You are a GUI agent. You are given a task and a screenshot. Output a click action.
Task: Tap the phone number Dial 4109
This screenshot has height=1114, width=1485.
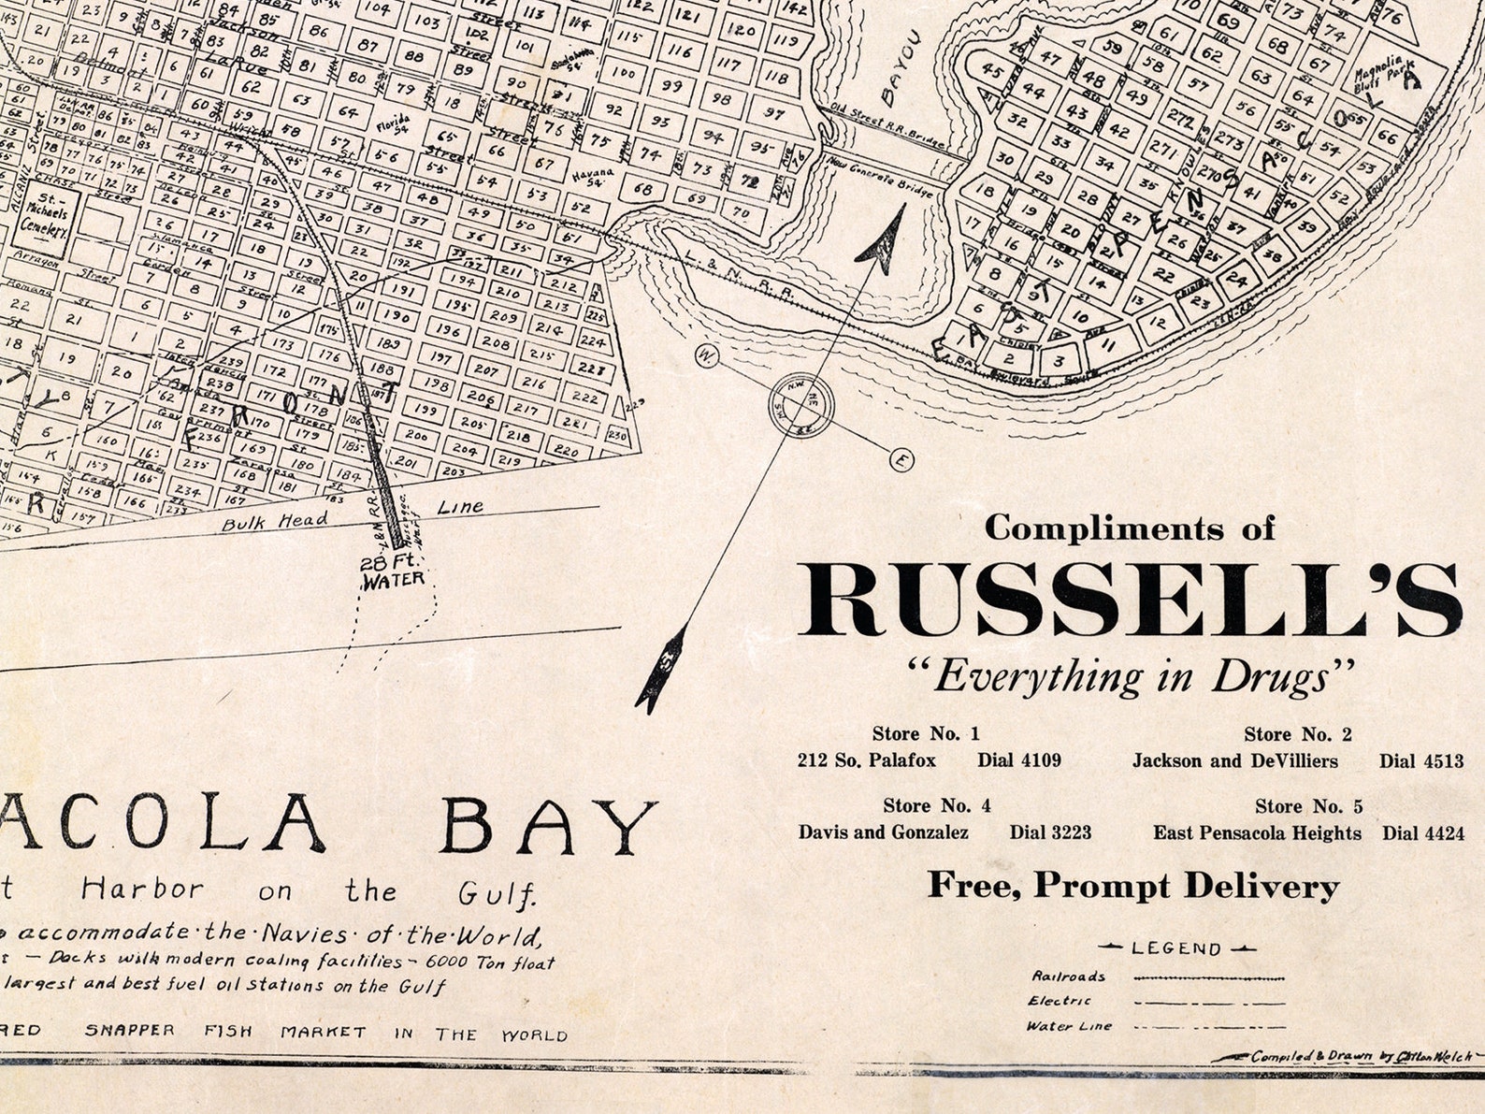click(x=1019, y=760)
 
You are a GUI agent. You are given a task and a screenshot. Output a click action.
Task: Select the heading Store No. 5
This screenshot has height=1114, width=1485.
click(x=1308, y=806)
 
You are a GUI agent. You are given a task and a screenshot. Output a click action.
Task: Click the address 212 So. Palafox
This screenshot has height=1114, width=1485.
click(x=866, y=760)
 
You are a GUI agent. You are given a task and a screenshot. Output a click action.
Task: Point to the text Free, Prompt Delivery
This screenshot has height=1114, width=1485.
click(x=1133, y=886)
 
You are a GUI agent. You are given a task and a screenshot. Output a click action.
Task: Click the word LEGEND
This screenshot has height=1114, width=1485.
click(x=1176, y=948)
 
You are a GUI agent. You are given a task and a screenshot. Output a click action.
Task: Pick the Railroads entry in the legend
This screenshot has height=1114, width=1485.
click(x=1068, y=977)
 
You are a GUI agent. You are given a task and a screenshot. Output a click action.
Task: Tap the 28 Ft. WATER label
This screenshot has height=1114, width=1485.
click(x=393, y=571)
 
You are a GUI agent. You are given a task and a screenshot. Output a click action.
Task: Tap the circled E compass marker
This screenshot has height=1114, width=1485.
click(x=901, y=459)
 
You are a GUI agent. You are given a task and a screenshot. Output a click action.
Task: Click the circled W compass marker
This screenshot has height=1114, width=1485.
click(x=708, y=356)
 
